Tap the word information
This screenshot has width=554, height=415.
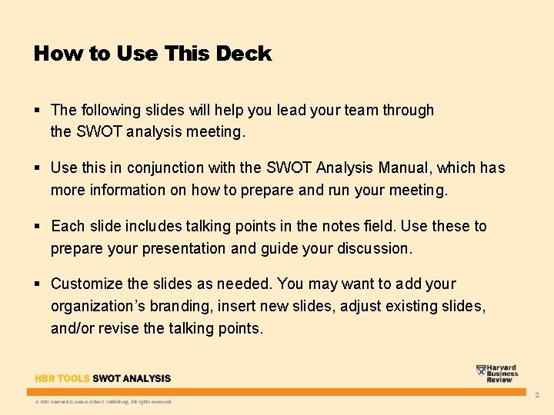(x=123, y=190)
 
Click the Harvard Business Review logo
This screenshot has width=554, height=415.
(x=497, y=373)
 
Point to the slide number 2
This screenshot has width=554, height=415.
(x=537, y=395)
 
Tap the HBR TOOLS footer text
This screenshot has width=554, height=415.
(x=62, y=378)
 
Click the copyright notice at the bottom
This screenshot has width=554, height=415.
(x=103, y=401)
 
